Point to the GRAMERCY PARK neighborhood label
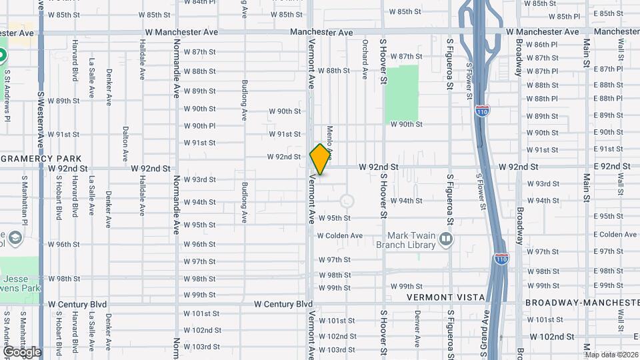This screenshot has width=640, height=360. [41, 159]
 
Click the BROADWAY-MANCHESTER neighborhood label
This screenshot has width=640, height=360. [582, 303]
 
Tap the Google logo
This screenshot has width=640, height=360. [22, 352]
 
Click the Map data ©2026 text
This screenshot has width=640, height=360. [611, 355]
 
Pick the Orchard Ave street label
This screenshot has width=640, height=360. [365, 59]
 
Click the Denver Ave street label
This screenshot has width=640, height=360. [417, 329]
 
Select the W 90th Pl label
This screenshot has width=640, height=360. [199, 125]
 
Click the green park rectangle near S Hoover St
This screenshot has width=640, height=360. [403, 93]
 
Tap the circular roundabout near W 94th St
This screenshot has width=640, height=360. [347, 201]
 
